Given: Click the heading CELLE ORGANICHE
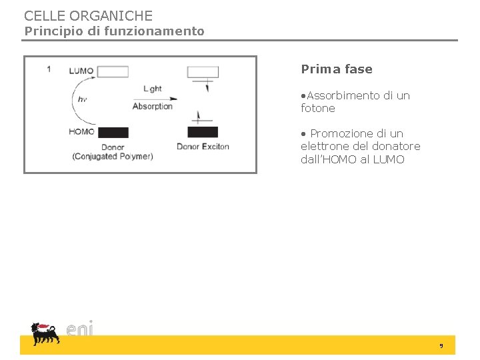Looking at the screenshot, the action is tap(88, 15).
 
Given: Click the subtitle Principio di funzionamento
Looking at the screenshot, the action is tap(115, 31).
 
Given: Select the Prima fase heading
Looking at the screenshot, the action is tap(337, 69).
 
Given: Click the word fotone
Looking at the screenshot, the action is tap(318, 108).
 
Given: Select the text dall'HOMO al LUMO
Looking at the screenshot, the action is tap(353, 159).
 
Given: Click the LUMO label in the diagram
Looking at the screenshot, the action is tap(81, 71).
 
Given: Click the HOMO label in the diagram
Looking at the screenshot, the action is tap(81, 131).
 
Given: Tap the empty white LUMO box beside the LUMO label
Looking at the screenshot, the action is tap(113, 71).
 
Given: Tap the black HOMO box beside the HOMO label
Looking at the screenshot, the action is tap(113, 132).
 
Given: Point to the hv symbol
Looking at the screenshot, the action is tap(83, 99).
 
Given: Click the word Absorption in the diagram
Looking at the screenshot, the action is tap(153, 106).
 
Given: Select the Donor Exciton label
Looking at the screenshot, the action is tap(203, 147).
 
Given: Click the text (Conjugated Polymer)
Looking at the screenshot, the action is tap(113, 157).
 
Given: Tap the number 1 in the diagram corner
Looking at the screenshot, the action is tap(49, 69).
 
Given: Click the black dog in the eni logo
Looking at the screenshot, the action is tap(45, 333).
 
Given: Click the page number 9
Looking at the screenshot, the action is tap(441, 345).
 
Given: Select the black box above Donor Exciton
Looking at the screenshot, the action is tap(203, 132).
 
